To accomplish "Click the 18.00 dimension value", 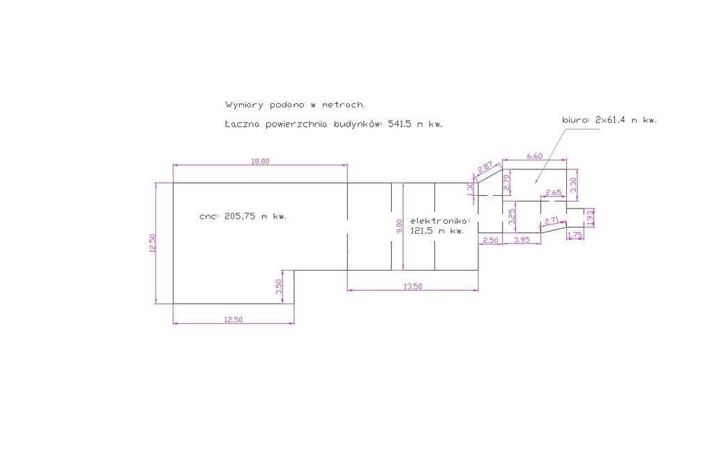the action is (260, 161).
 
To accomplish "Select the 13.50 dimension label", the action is (413, 287).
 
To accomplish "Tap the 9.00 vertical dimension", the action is (400, 227).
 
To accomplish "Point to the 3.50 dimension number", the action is (279, 287).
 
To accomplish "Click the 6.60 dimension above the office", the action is (535, 156).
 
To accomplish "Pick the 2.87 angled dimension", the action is (485, 167).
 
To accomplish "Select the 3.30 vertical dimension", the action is (573, 184).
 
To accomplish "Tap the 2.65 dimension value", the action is (553, 192).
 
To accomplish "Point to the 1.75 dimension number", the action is (575, 236).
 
